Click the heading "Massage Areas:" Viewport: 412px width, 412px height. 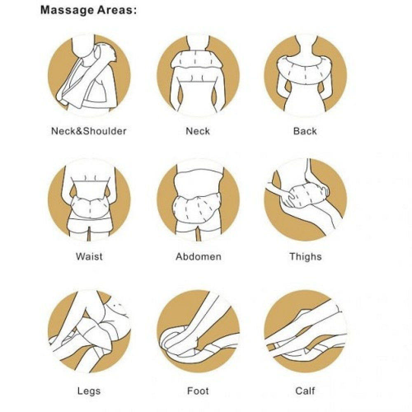(x=89, y=11)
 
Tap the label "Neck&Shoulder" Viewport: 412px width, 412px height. (x=89, y=131)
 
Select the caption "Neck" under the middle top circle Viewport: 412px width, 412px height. (x=198, y=131)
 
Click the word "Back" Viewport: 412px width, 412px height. (x=305, y=131)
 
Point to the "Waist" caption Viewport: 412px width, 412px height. (x=89, y=256)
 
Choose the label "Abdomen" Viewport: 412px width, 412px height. (x=199, y=256)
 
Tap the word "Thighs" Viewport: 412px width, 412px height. (x=306, y=256)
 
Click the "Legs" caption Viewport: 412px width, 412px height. (x=89, y=391)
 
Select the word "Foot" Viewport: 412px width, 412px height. (x=198, y=391)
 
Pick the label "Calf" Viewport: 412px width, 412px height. (x=305, y=391)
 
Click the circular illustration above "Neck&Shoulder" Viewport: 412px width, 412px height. (x=89, y=75)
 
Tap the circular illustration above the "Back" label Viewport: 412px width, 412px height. (x=306, y=75)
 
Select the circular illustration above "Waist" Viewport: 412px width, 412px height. (x=89, y=200)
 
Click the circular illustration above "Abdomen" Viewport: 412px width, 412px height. (x=199, y=200)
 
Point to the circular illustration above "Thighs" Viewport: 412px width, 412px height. (x=306, y=200)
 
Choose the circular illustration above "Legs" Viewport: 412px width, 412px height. (x=89, y=331)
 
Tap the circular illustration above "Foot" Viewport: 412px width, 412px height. (x=199, y=331)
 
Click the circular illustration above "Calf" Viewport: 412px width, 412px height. (x=306, y=331)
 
